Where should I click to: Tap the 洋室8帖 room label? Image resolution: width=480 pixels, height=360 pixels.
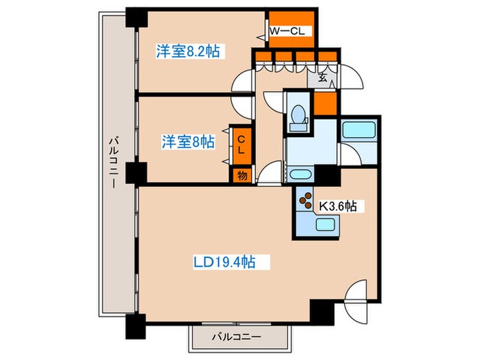click(x=187, y=142)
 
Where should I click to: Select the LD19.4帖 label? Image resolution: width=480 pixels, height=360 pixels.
click(x=224, y=261)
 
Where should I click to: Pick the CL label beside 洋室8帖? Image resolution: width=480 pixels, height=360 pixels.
click(x=241, y=145)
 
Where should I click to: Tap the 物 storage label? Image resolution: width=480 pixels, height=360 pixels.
click(x=241, y=176)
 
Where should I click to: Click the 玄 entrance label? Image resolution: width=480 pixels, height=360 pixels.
click(x=322, y=77)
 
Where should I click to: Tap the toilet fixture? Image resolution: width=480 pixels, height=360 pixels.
click(x=299, y=117)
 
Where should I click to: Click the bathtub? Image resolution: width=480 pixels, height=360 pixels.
click(x=359, y=131)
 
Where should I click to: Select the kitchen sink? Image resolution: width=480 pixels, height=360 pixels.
click(x=324, y=225)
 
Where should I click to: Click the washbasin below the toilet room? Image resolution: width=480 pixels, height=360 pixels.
click(x=300, y=174)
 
